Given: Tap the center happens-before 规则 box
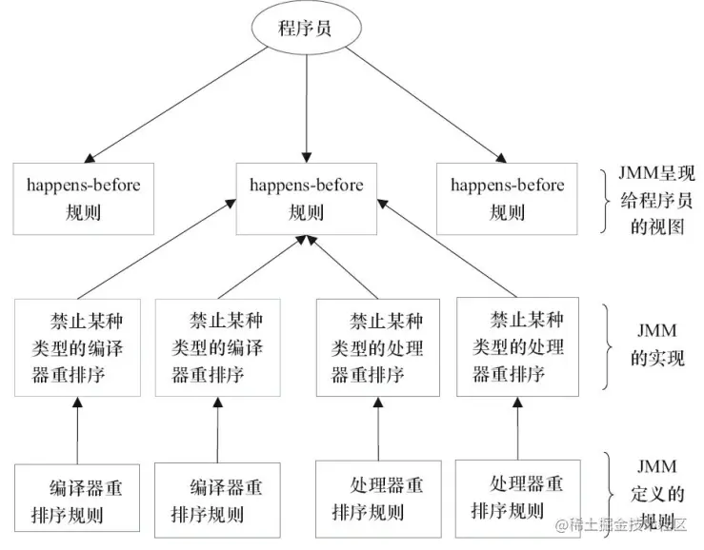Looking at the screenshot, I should coord(306,198).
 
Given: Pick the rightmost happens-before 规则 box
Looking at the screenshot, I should coord(507,198).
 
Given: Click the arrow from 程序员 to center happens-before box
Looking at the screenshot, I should coord(307,105).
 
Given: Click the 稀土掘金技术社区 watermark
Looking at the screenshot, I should coord(628,524).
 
